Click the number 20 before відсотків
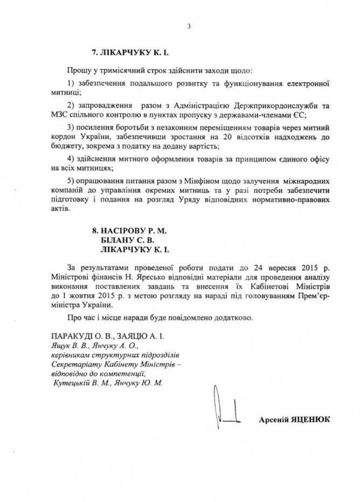point(214,137)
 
